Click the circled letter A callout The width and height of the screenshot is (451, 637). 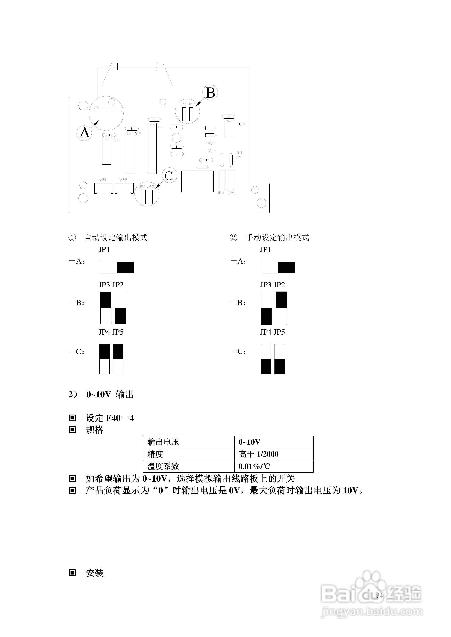pyautogui.click(x=84, y=133)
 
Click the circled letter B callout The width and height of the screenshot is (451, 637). pyautogui.click(x=210, y=93)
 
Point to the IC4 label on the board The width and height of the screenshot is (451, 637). pyautogui.click(x=242, y=124)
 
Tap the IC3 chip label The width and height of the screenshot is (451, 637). pyautogui.click(x=115, y=140)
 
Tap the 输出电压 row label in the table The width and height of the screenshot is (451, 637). pyautogui.click(x=163, y=442)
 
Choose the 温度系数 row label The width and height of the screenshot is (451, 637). pyautogui.click(x=163, y=466)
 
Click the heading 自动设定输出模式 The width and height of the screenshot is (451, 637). pyautogui.click(x=116, y=238)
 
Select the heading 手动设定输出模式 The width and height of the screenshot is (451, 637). pyautogui.click(x=277, y=238)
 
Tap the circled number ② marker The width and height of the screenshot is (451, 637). pyautogui.click(x=233, y=238)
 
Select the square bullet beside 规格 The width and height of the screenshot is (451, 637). pyautogui.click(x=72, y=430)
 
